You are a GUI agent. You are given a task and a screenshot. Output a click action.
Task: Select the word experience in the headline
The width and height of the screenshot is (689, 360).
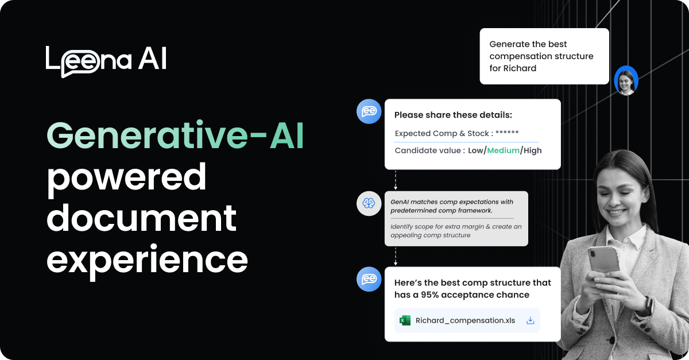pyautogui.click(x=147, y=260)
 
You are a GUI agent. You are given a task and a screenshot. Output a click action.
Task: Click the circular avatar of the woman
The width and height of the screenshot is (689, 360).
pyautogui.click(x=626, y=80)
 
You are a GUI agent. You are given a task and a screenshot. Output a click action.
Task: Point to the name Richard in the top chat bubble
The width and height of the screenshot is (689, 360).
pyautogui.click(x=521, y=68)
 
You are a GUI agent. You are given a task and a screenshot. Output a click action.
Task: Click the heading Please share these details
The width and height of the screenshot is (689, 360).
pyautogui.click(x=453, y=115)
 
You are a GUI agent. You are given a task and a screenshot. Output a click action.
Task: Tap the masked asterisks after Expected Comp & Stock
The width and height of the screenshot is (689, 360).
pyautogui.click(x=507, y=133)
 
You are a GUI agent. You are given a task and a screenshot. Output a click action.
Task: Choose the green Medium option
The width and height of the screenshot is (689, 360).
pyautogui.click(x=503, y=150)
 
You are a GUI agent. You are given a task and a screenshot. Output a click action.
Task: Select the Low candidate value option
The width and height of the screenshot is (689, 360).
pyautogui.click(x=476, y=150)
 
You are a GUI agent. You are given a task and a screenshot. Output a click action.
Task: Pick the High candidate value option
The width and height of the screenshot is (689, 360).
pyautogui.click(x=532, y=150)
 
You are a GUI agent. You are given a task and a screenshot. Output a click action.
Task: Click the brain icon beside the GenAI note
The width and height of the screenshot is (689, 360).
pyautogui.click(x=369, y=203)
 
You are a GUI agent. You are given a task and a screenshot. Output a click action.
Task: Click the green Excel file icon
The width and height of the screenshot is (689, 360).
pyautogui.click(x=405, y=320)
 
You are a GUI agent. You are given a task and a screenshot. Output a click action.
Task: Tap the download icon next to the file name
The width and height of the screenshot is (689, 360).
pyautogui.click(x=531, y=320)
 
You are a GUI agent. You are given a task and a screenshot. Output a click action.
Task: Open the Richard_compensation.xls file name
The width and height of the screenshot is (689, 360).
pyautogui.click(x=465, y=320)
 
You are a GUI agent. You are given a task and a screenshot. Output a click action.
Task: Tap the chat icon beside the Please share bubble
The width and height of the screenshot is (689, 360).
pyautogui.click(x=369, y=111)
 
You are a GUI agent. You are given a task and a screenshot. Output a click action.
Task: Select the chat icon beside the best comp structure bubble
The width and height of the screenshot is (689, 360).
pyautogui.click(x=369, y=279)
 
